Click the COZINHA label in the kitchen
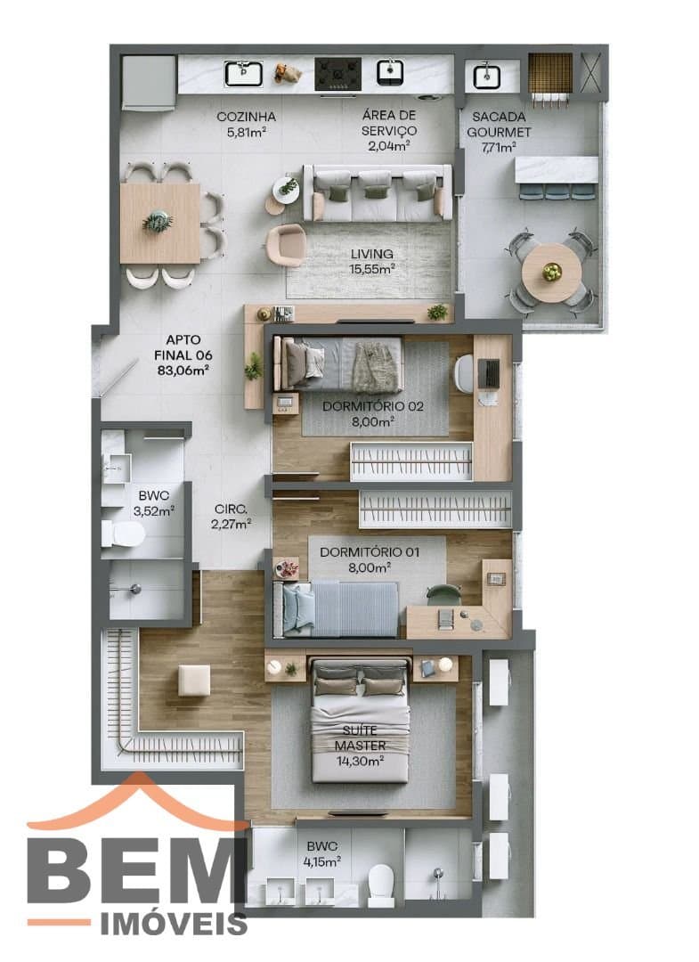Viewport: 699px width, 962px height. click(246, 117)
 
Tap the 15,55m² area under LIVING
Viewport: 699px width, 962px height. click(371, 269)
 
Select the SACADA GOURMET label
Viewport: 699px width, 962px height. click(500, 124)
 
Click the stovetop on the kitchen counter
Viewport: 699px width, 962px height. click(337, 74)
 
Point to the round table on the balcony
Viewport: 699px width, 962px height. click(551, 272)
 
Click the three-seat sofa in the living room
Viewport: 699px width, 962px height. click(378, 192)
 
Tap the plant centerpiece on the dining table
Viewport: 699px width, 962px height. click(158, 222)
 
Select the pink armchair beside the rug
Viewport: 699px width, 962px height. click(286, 243)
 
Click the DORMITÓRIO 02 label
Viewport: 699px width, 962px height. click(373, 406)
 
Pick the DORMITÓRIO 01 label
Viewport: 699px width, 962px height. click(370, 552)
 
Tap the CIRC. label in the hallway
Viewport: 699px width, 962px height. click(231, 510)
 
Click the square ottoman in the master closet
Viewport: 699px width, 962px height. click(194, 681)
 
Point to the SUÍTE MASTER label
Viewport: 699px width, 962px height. click(361, 738)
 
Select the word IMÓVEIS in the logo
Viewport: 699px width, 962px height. click(175, 924)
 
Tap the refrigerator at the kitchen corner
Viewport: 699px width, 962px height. click(149, 83)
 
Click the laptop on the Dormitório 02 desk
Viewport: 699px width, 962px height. click(489, 373)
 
